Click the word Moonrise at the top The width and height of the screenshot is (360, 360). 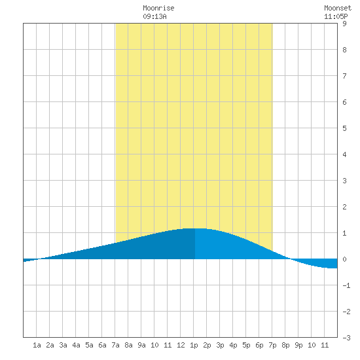(x=158, y=8)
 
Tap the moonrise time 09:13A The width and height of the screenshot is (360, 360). (x=154, y=16)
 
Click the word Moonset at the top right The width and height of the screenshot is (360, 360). (x=338, y=8)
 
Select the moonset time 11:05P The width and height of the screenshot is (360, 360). (x=336, y=16)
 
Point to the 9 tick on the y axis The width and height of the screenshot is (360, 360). (x=344, y=24)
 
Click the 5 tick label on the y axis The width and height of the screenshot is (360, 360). (x=344, y=128)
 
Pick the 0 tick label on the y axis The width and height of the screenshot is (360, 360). (x=344, y=259)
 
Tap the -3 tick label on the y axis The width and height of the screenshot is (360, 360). (x=346, y=338)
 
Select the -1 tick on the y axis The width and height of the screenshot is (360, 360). (x=346, y=285)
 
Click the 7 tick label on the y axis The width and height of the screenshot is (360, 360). (x=344, y=76)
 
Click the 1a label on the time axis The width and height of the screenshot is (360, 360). (x=37, y=345)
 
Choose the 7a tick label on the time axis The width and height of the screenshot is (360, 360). (x=115, y=345)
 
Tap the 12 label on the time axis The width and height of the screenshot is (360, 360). (x=181, y=345)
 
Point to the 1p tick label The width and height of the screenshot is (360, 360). (x=194, y=345)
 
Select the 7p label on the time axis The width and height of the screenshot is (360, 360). (x=272, y=345)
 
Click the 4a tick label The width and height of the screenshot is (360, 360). (x=76, y=345)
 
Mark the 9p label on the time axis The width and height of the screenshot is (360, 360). (x=298, y=345)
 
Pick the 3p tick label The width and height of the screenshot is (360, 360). (x=220, y=345)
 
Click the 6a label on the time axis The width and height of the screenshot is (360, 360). (x=102, y=345)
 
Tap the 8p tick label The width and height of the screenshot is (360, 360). (x=285, y=345)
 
